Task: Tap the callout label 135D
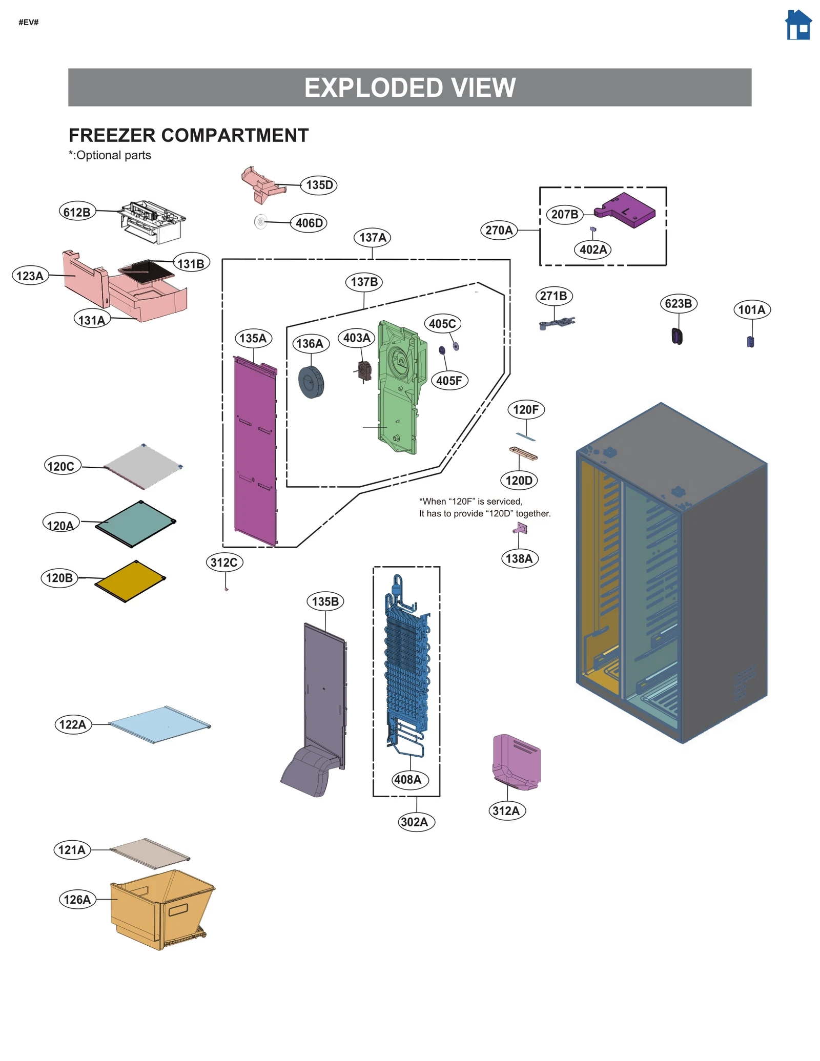pos(319,185)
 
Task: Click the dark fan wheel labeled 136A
pos(311,382)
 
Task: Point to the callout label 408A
pos(407,779)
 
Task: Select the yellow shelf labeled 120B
pos(130,581)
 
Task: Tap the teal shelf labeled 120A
pos(136,523)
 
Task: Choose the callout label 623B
pos(678,303)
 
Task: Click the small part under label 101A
pos(750,342)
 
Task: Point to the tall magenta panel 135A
pos(255,451)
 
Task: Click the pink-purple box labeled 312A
pos(517,761)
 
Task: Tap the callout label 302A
pos(414,822)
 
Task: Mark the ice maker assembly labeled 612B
pos(152,221)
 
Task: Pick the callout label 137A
pos(373,238)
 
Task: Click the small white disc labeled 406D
pos(260,222)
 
